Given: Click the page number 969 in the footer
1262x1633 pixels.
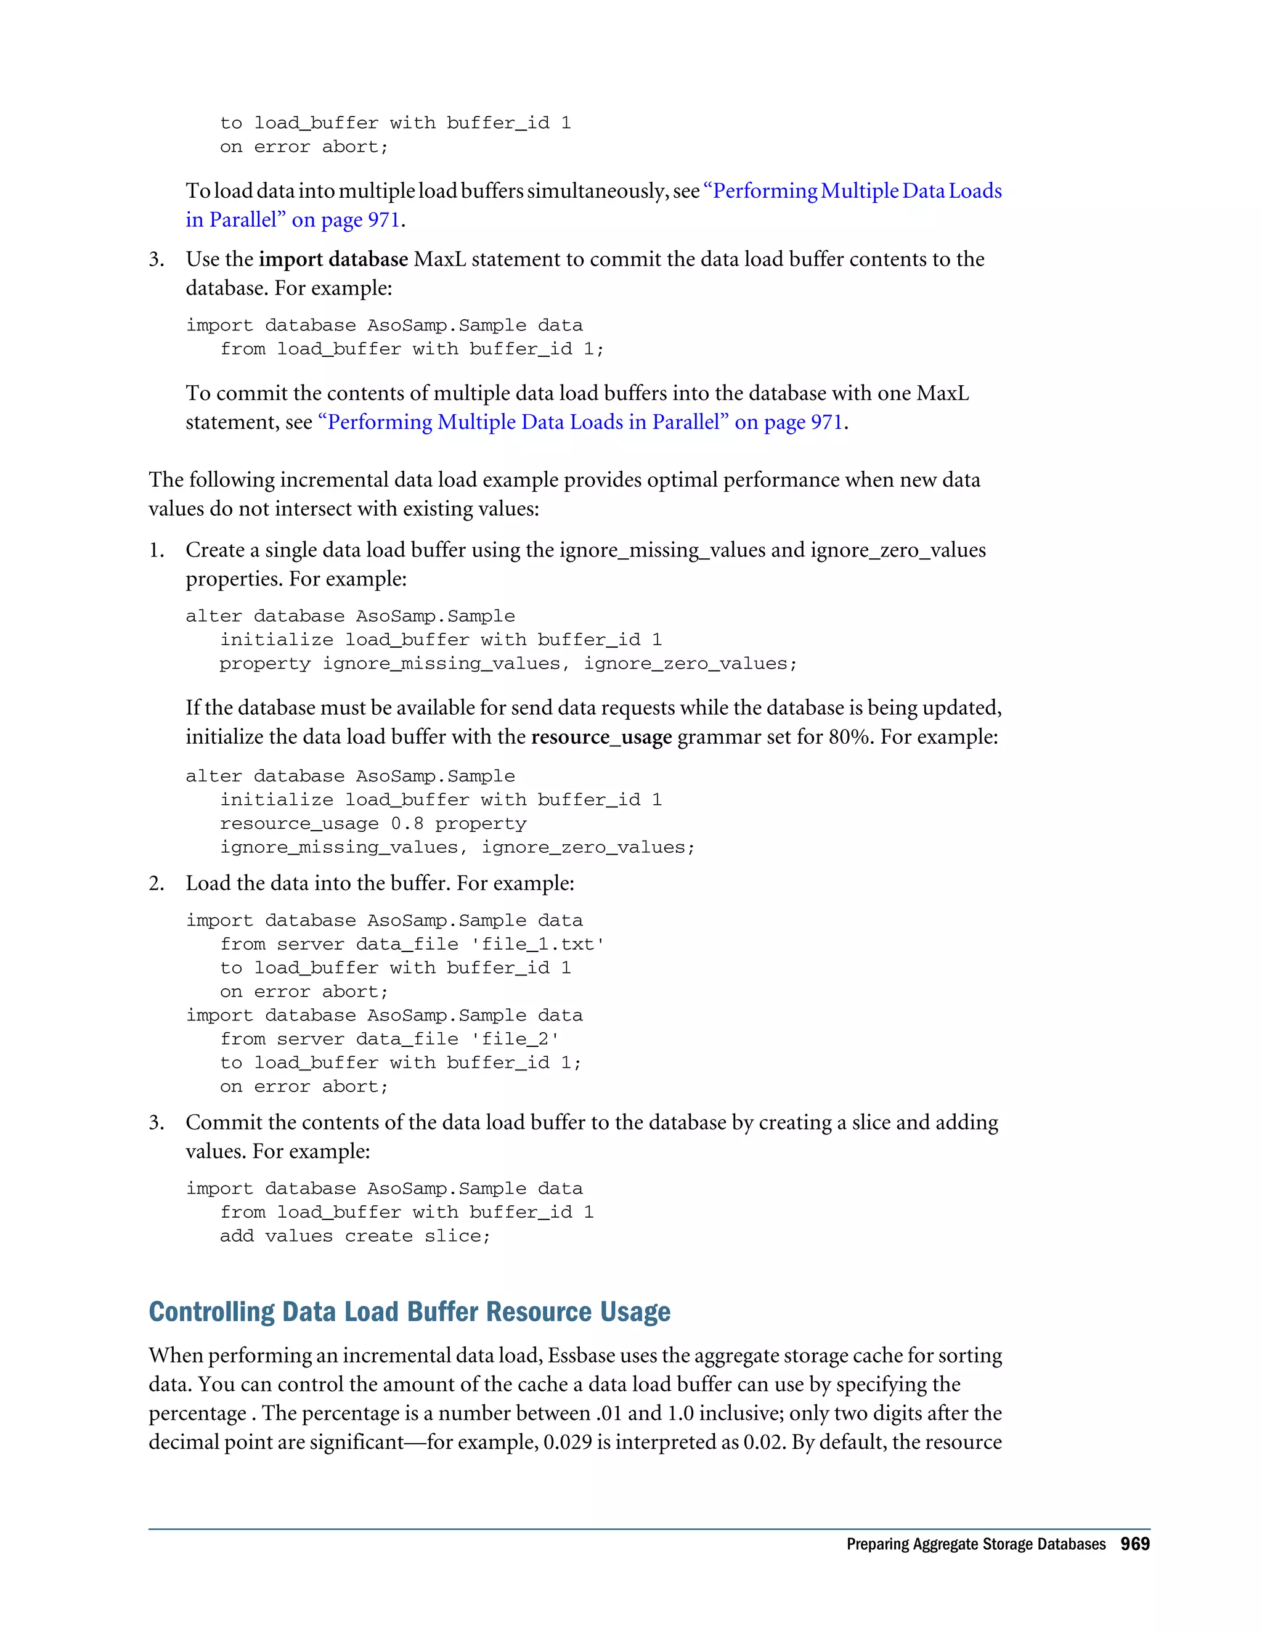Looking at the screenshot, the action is pyautogui.click(x=1134, y=1544).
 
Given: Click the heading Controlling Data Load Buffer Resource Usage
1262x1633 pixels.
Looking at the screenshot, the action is pyautogui.click(x=409, y=1312).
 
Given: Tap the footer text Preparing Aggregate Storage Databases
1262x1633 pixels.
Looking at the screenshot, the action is pyautogui.click(x=975, y=1545).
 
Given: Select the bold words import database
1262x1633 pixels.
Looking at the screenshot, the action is pyautogui.click(x=333, y=259).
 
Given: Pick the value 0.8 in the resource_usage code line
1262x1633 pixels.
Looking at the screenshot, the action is pyautogui.click(x=407, y=824).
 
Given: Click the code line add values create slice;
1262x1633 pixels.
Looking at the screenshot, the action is pyautogui.click(x=354, y=1236).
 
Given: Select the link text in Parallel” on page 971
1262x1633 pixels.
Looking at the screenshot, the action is pyautogui.click(x=293, y=220).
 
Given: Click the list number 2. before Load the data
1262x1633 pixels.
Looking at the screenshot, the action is pyautogui.click(x=157, y=884).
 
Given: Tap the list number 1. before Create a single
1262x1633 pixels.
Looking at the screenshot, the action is pyautogui.click(x=157, y=550).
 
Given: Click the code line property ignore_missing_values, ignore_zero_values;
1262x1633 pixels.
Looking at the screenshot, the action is pyautogui.click(x=508, y=664).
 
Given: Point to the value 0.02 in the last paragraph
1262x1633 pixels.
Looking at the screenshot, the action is pyautogui.click(x=763, y=1443).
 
